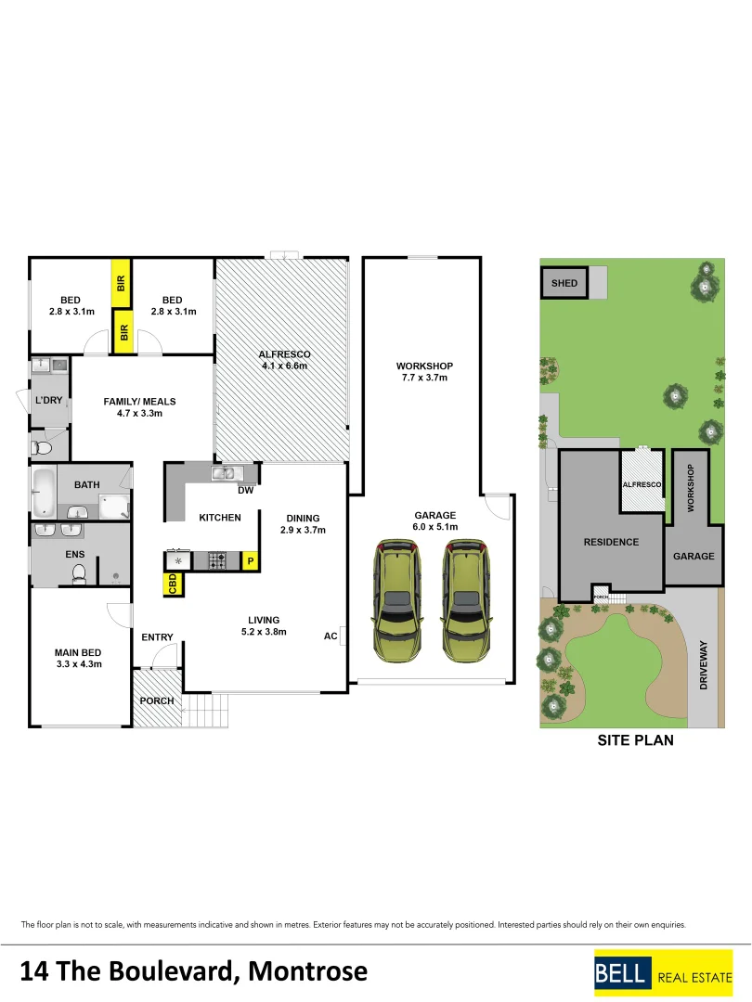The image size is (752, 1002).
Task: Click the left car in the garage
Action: [396, 602]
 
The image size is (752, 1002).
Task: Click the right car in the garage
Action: [466, 602]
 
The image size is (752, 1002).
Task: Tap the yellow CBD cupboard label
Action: [173, 584]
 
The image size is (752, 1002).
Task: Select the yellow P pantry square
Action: [249, 560]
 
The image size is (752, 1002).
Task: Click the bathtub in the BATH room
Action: [43, 493]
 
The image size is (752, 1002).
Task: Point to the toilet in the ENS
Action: [79, 574]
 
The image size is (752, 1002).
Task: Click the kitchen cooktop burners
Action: [216, 560]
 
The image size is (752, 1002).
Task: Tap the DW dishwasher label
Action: [246, 490]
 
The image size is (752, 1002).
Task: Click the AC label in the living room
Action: [331, 636]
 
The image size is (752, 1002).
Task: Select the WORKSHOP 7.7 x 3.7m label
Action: [424, 371]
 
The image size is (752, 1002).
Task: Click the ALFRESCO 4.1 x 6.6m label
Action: [284, 360]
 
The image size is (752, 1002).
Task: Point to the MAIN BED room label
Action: [79, 658]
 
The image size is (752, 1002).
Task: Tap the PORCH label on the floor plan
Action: [156, 700]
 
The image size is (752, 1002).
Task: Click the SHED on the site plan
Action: [564, 283]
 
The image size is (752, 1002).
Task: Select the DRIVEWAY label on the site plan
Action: [703, 663]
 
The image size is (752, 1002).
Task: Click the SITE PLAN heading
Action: [635, 740]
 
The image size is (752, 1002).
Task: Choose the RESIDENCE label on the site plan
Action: [611, 542]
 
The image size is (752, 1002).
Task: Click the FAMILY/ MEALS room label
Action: [139, 407]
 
